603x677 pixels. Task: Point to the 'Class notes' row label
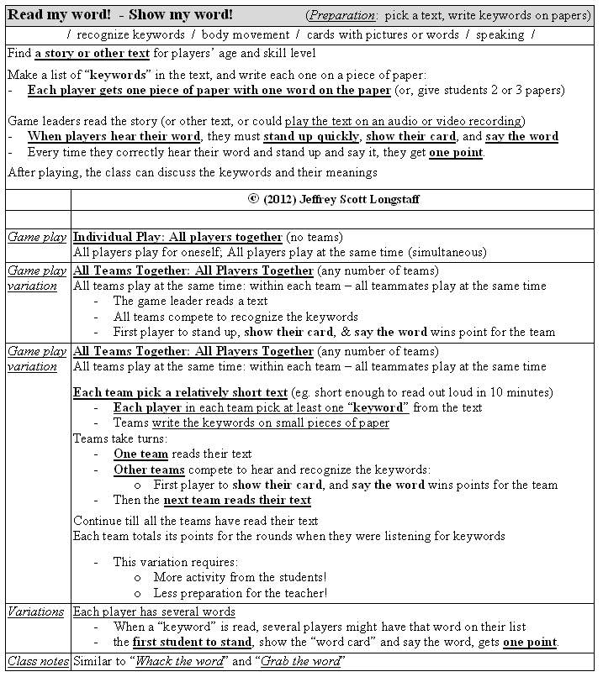click(38, 662)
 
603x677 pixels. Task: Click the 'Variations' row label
click(35, 611)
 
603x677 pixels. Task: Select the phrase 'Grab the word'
click(301, 662)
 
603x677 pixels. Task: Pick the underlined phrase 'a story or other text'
click(92, 54)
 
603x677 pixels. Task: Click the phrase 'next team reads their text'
click(237, 500)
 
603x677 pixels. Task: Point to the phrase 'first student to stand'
click(192, 643)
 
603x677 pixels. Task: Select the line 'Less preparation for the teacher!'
click(240, 593)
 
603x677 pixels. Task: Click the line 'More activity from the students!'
click(240, 577)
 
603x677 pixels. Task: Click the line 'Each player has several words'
click(154, 611)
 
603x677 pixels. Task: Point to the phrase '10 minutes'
click(521, 392)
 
